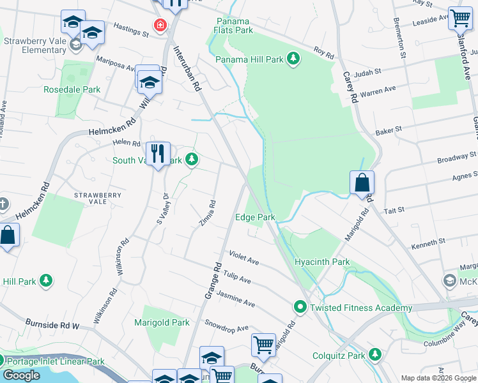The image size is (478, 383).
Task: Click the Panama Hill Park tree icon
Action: click(x=293, y=59)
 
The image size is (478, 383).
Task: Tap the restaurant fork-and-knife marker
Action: click(x=157, y=154)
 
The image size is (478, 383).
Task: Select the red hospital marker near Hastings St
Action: click(x=159, y=26)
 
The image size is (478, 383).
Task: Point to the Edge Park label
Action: click(x=255, y=217)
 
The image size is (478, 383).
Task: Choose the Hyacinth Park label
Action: click(x=322, y=262)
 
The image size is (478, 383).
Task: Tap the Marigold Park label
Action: click(x=162, y=322)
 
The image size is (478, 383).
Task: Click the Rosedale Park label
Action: click(x=72, y=89)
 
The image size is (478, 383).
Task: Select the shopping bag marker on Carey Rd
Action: click(x=362, y=183)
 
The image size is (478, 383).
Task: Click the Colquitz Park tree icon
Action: click(x=375, y=354)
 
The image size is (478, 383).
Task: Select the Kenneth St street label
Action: click(x=429, y=244)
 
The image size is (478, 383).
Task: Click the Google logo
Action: click(x=21, y=375)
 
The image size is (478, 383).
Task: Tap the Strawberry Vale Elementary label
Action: click(x=35, y=45)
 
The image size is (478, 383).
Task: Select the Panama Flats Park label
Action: click(x=235, y=25)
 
